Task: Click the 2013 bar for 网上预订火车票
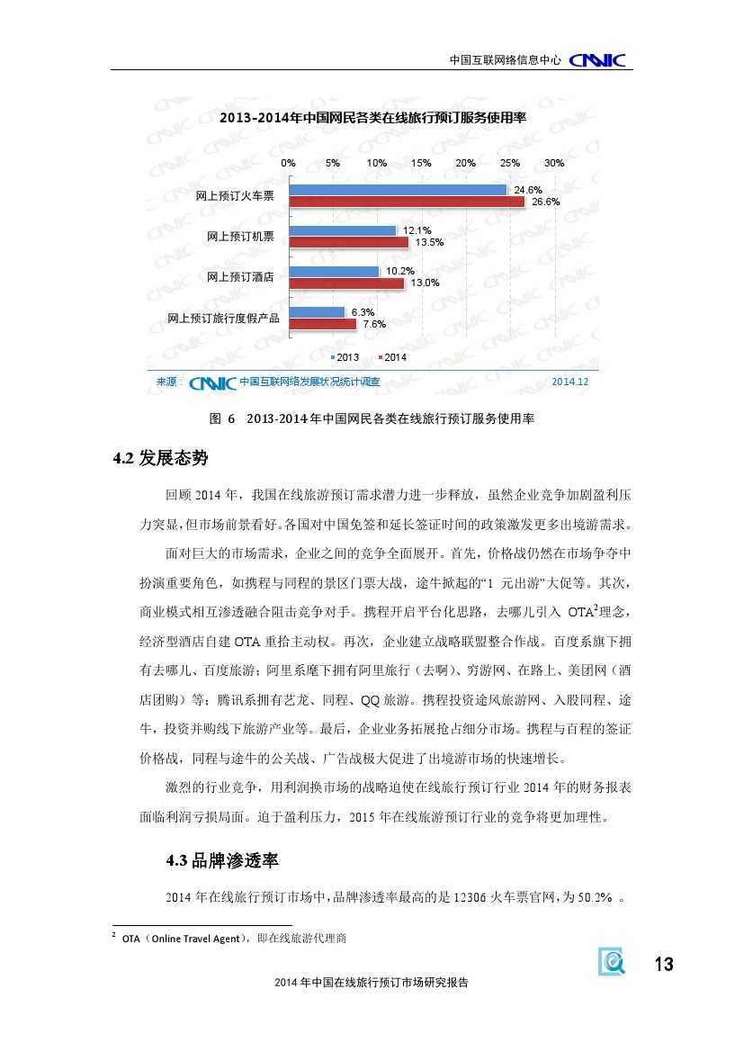398,190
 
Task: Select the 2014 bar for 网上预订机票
348,242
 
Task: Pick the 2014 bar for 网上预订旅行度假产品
323,323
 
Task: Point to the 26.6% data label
546,202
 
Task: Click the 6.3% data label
363,311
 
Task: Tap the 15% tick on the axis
421,163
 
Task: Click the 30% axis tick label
554,163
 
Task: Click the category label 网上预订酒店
241,276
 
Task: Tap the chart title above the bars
372,118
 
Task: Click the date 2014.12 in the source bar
569,382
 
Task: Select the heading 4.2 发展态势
160,459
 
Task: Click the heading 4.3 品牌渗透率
222,861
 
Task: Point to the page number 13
663,965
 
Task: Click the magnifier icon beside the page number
613,963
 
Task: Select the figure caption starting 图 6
372,419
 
